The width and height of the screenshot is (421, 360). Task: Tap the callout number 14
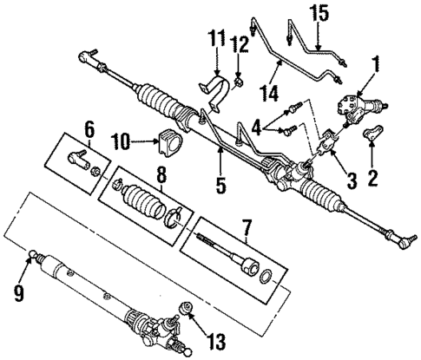coord(274,89)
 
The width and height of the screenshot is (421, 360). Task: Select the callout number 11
coord(216,40)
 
